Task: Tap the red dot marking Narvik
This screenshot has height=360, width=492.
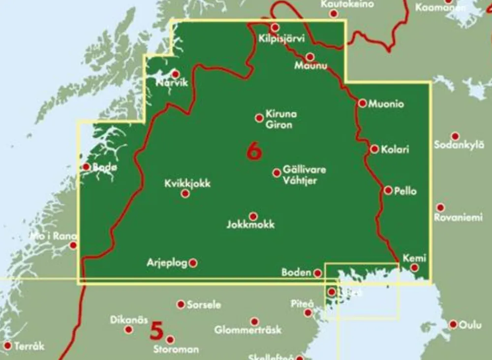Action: click(176, 74)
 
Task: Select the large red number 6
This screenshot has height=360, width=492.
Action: click(254, 151)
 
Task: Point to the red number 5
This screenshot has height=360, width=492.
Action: click(156, 330)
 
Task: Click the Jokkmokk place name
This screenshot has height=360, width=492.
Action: click(251, 225)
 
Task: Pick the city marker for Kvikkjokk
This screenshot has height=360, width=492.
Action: click(185, 194)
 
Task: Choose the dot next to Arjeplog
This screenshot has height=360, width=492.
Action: click(193, 263)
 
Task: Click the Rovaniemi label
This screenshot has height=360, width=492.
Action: click(458, 217)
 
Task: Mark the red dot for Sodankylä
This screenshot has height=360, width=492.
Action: click(455, 136)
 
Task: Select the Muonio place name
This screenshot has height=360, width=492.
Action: click(386, 104)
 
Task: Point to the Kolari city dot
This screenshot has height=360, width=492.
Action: click(375, 149)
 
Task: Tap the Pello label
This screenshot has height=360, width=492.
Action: click(405, 191)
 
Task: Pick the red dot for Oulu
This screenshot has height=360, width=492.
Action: click(453, 324)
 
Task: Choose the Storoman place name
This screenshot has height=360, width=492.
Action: click(176, 349)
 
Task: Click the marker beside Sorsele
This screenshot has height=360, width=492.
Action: click(181, 304)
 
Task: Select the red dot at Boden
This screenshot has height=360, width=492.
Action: click(318, 272)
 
